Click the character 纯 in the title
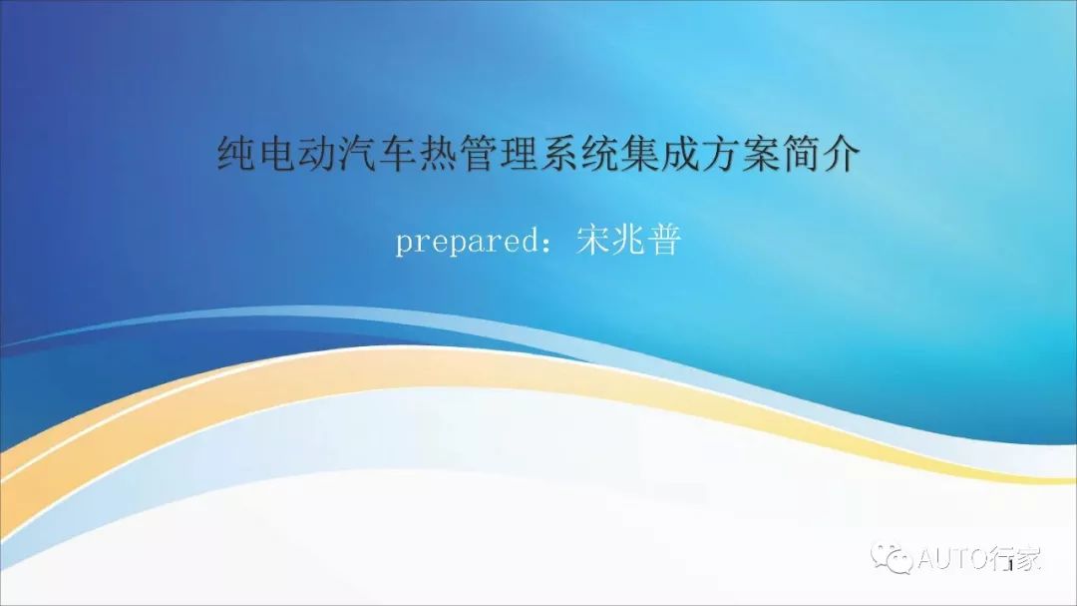(235, 154)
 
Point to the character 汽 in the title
(356, 154)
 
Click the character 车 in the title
(396, 154)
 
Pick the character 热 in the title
(437, 154)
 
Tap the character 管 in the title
(478, 154)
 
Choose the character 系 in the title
(558, 154)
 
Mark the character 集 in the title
(639, 154)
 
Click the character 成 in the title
(679, 154)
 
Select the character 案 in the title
(760, 154)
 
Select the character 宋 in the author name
(593, 240)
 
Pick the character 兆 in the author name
(629, 240)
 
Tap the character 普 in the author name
(664, 240)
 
